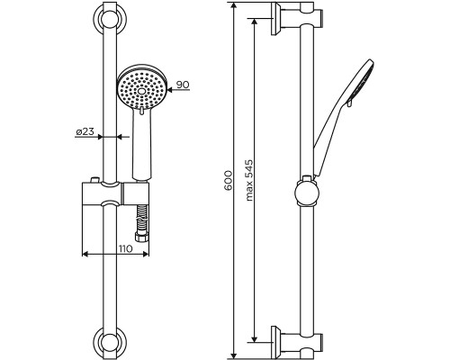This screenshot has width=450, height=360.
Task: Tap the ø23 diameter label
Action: (86, 131)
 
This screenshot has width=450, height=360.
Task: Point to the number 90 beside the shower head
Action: (183, 85)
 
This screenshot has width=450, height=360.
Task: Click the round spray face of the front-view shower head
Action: (140, 88)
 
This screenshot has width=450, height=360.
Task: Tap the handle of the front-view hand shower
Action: (140, 144)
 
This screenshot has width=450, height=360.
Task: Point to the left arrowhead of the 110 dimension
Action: (86, 255)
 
